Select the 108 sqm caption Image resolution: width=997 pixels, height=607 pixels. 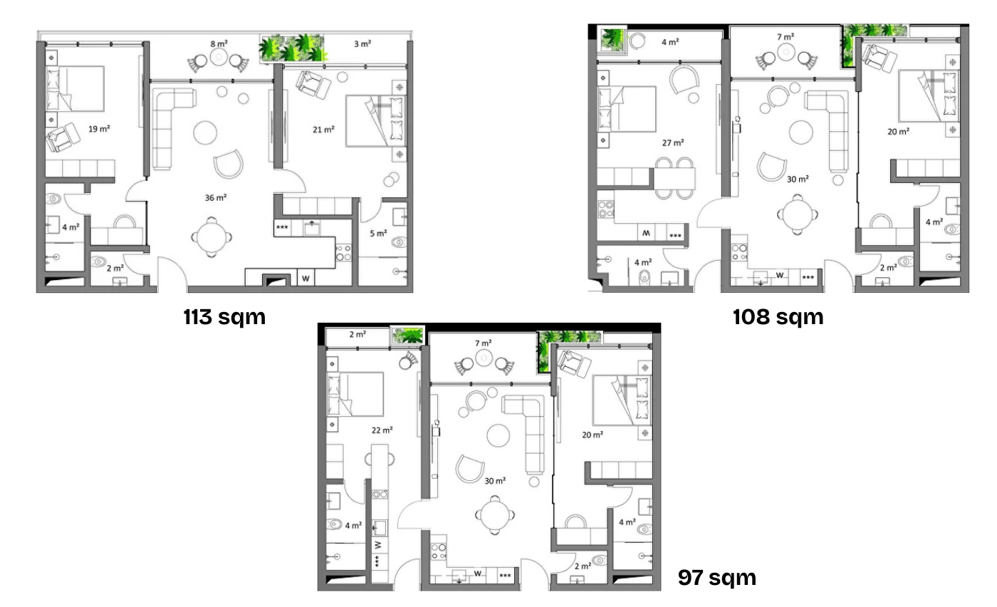coord(778,316)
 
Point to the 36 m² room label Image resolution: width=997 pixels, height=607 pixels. coord(216,197)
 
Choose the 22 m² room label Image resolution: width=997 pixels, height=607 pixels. coord(382,430)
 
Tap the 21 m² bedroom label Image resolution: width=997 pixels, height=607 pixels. coord(323,129)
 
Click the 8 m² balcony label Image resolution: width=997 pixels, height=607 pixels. coord(219,44)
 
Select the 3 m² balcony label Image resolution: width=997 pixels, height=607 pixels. coord(362,44)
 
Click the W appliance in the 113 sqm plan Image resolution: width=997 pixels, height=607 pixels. coord(306,277)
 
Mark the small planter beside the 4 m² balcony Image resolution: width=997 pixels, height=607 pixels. coord(612,39)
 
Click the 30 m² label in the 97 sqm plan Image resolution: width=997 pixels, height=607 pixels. coord(495,481)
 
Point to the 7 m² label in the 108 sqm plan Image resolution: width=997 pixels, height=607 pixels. coord(785,36)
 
